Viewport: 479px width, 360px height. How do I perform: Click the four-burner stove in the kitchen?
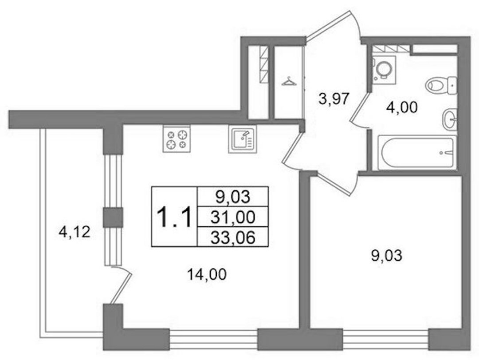(x=177, y=139)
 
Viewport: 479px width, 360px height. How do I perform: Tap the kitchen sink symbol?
(x=242, y=139)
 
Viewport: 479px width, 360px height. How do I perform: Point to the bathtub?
(x=416, y=152)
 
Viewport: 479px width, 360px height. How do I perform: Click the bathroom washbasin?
(x=449, y=119)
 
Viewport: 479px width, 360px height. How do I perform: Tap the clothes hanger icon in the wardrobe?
(x=289, y=82)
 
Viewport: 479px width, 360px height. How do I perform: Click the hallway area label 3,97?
(x=334, y=99)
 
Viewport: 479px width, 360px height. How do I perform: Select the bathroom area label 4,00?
(x=402, y=108)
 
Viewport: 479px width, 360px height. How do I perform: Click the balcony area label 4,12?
(x=75, y=232)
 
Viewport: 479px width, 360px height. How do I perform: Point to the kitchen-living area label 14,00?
(x=207, y=274)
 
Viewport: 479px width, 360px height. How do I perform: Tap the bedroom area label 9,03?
(x=386, y=255)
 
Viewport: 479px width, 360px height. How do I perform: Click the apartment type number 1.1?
(x=174, y=217)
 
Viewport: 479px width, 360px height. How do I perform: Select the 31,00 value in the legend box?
(x=233, y=217)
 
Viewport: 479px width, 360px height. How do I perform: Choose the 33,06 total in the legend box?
(x=233, y=237)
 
